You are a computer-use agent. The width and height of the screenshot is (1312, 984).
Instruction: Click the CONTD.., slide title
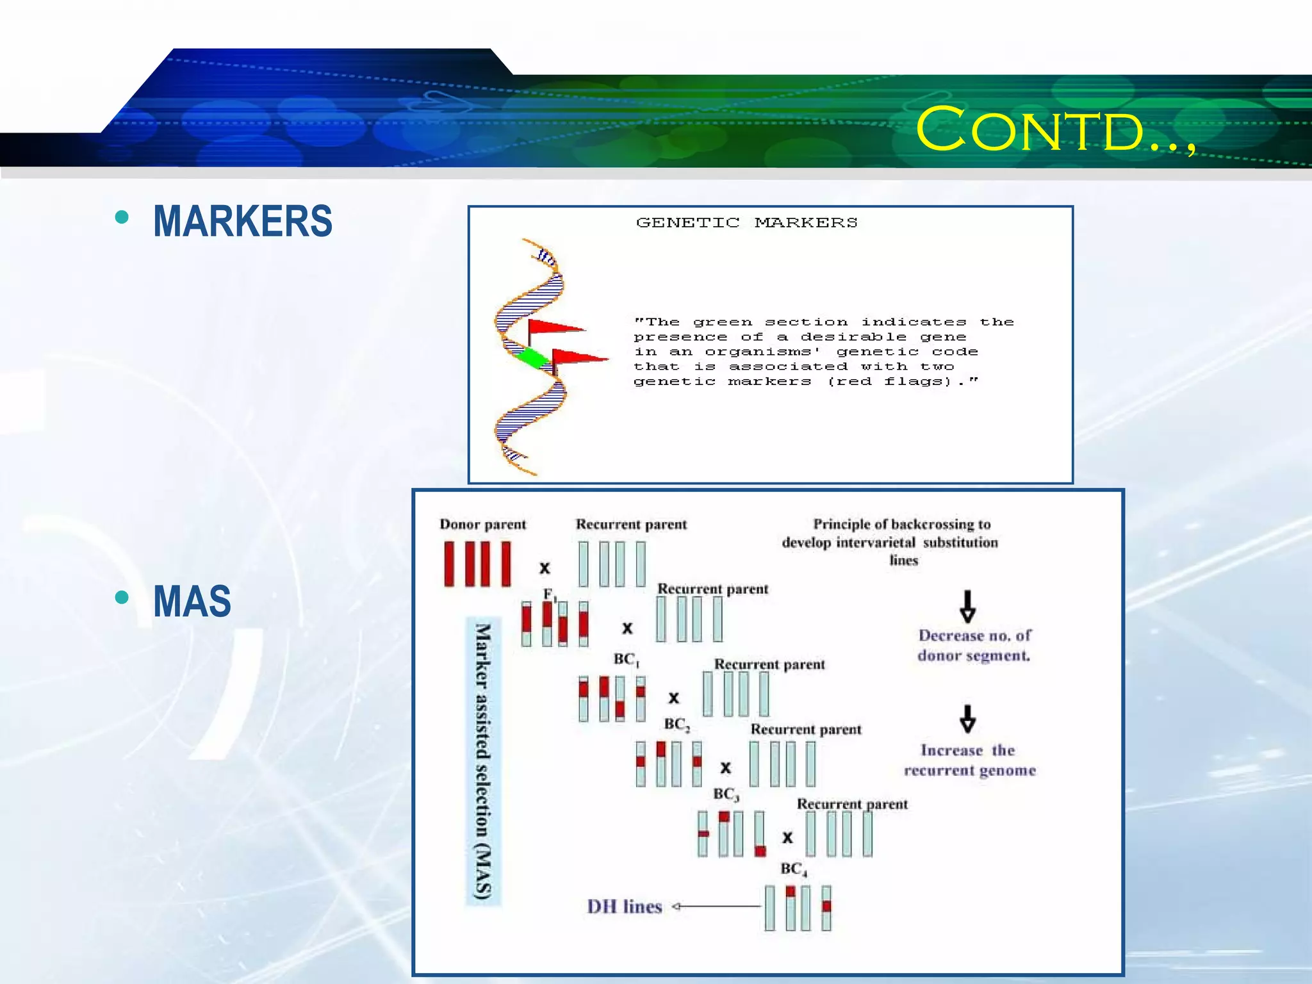click(x=1055, y=130)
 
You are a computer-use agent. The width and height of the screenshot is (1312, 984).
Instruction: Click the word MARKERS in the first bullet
click(x=243, y=221)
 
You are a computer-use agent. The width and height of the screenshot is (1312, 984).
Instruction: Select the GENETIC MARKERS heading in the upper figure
click(x=746, y=222)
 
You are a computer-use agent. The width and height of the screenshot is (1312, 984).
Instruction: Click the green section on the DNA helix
click(x=531, y=357)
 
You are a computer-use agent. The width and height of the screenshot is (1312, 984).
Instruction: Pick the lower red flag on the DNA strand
click(x=578, y=357)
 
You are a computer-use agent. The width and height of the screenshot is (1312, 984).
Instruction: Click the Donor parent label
click(x=482, y=524)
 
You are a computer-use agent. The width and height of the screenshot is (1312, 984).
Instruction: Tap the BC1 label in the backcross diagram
click(x=626, y=659)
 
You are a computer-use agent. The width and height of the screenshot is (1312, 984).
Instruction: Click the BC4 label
click(x=793, y=869)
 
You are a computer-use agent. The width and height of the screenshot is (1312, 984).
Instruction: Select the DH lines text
click(x=625, y=906)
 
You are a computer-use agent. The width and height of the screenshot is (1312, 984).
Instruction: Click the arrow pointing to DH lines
click(x=715, y=906)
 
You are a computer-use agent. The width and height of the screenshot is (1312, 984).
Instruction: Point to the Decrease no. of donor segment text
click(x=974, y=645)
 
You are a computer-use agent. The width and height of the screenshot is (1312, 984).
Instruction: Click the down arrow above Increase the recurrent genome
click(x=967, y=719)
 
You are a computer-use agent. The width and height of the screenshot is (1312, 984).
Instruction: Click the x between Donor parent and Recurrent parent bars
click(x=545, y=568)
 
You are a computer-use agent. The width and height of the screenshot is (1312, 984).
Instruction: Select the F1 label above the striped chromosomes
click(x=550, y=594)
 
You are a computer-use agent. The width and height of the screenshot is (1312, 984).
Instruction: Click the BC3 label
click(x=726, y=794)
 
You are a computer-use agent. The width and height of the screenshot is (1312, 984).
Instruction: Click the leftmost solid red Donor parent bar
click(x=449, y=564)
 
